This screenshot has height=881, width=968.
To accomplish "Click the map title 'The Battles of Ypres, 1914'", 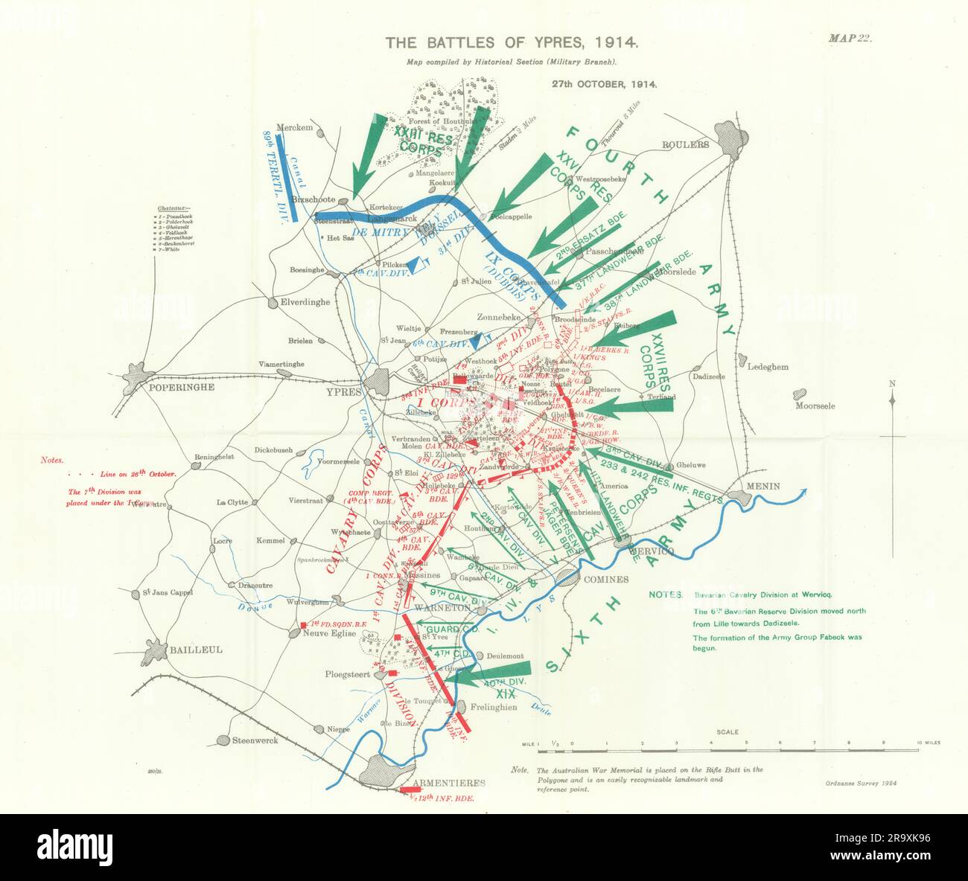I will coord(511,43).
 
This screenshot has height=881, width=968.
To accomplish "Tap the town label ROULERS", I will coord(687,145).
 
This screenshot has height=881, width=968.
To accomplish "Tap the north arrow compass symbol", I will coord(892,400).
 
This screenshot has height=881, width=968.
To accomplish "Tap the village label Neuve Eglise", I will coord(325,633).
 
